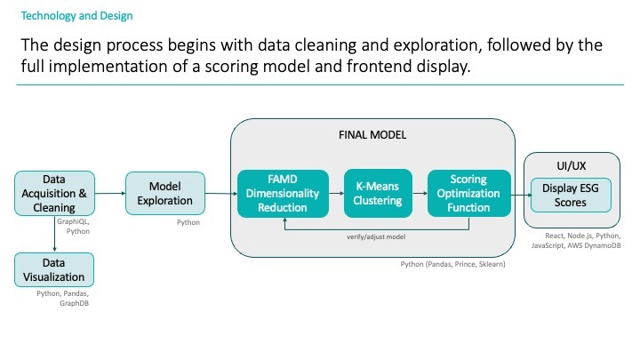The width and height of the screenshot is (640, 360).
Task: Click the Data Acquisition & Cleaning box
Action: (x=53, y=193)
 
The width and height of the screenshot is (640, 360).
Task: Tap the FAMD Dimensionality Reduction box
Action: (x=283, y=193)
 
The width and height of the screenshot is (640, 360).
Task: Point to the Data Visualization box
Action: (x=53, y=269)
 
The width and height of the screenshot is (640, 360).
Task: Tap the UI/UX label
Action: (x=571, y=164)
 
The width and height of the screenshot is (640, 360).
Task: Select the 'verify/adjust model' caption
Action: (x=374, y=237)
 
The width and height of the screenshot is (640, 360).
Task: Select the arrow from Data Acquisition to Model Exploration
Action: (x=108, y=193)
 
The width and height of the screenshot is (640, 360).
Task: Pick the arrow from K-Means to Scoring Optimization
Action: (x=418, y=193)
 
